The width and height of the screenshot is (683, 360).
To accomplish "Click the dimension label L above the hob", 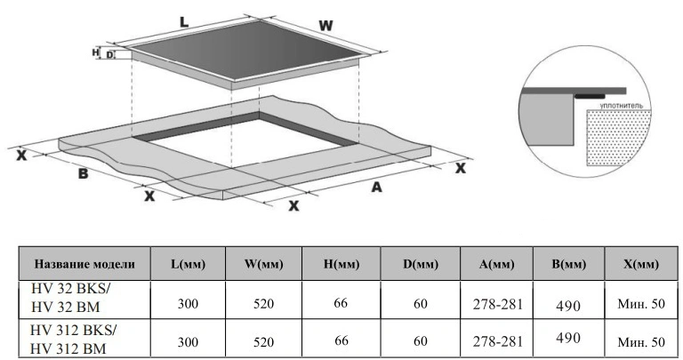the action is coord(184,21).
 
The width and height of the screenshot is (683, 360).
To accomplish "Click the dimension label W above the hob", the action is coord(325,26).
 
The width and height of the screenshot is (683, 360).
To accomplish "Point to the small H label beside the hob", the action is coord(95,52).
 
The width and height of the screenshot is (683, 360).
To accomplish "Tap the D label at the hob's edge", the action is coord(109,55).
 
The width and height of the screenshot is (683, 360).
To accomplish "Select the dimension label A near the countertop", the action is coord(376,188).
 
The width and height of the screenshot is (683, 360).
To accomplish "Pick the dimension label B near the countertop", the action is coord(83,173).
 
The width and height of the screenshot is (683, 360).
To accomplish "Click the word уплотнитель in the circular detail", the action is coord(621,106).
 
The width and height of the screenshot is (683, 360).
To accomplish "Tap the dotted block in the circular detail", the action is coord(619,138).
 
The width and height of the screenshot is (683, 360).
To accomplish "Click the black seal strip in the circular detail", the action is coord(590,96).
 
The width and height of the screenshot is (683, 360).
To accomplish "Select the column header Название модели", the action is coord(84,264).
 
